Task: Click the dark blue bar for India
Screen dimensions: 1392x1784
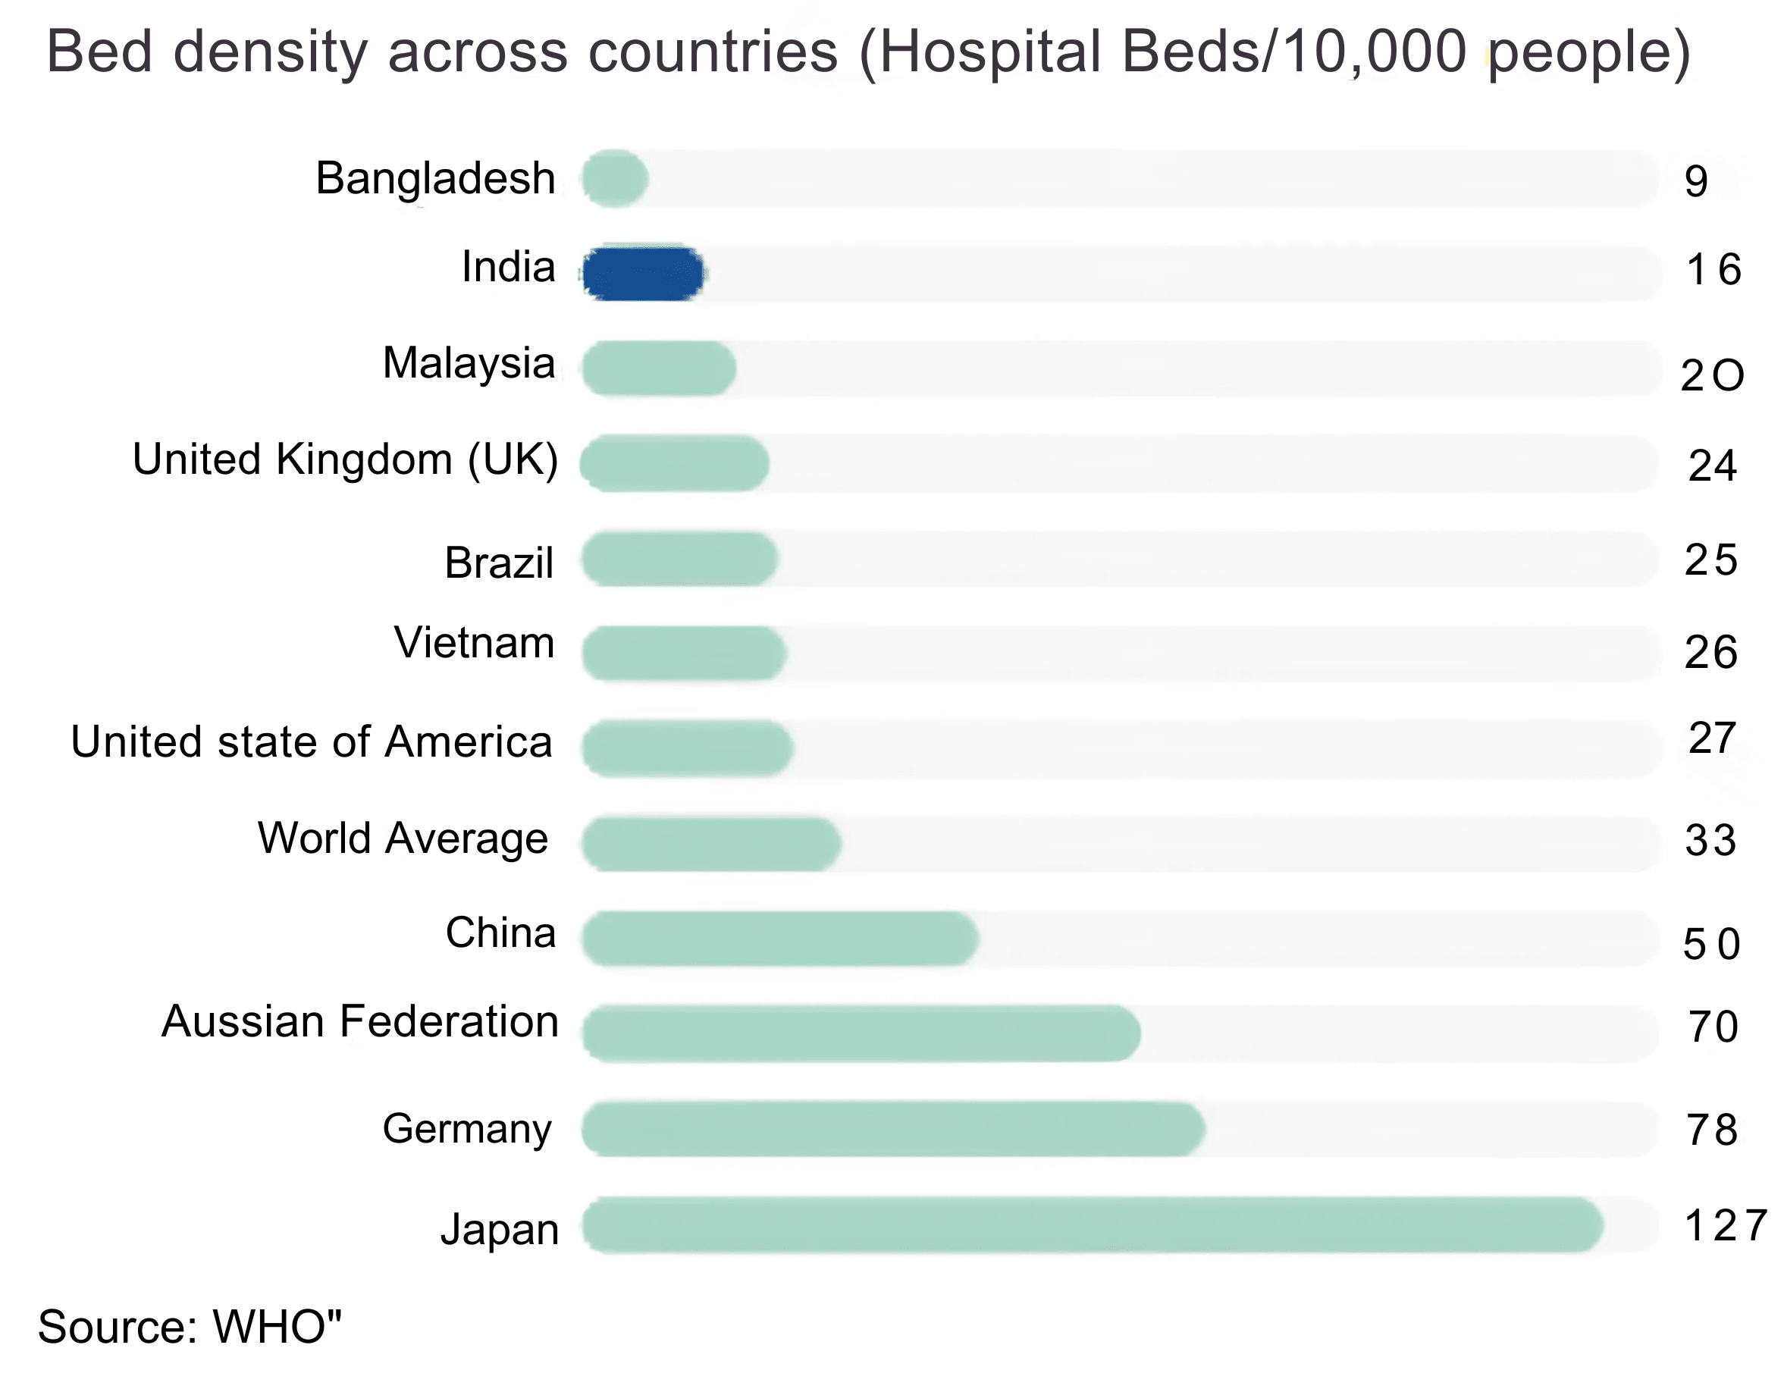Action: (643, 273)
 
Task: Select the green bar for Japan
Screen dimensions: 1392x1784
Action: (1092, 1224)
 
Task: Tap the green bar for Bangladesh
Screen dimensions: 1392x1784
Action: (615, 178)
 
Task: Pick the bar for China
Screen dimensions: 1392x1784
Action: (779, 938)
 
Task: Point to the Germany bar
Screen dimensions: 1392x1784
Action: (893, 1129)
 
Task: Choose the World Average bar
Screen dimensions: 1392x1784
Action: (710, 843)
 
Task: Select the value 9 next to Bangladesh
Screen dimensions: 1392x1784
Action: (1696, 181)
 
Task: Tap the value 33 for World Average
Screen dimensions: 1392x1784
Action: (1710, 841)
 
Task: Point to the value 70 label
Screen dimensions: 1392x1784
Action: (1713, 1027)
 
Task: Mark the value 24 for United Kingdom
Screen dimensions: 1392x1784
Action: (1712, 466)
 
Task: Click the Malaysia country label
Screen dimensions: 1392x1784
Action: (469, 362)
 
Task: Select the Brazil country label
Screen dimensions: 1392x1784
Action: (499, 562)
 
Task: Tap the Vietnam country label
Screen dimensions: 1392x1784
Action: (475, 642)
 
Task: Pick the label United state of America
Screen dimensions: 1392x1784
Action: (311, 741)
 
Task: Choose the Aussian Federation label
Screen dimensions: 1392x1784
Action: (360, 1021)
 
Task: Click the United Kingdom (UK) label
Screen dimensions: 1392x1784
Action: (346, 459)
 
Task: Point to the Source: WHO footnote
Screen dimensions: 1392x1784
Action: (190, 1327)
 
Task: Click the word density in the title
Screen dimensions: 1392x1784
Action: (270, 51)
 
